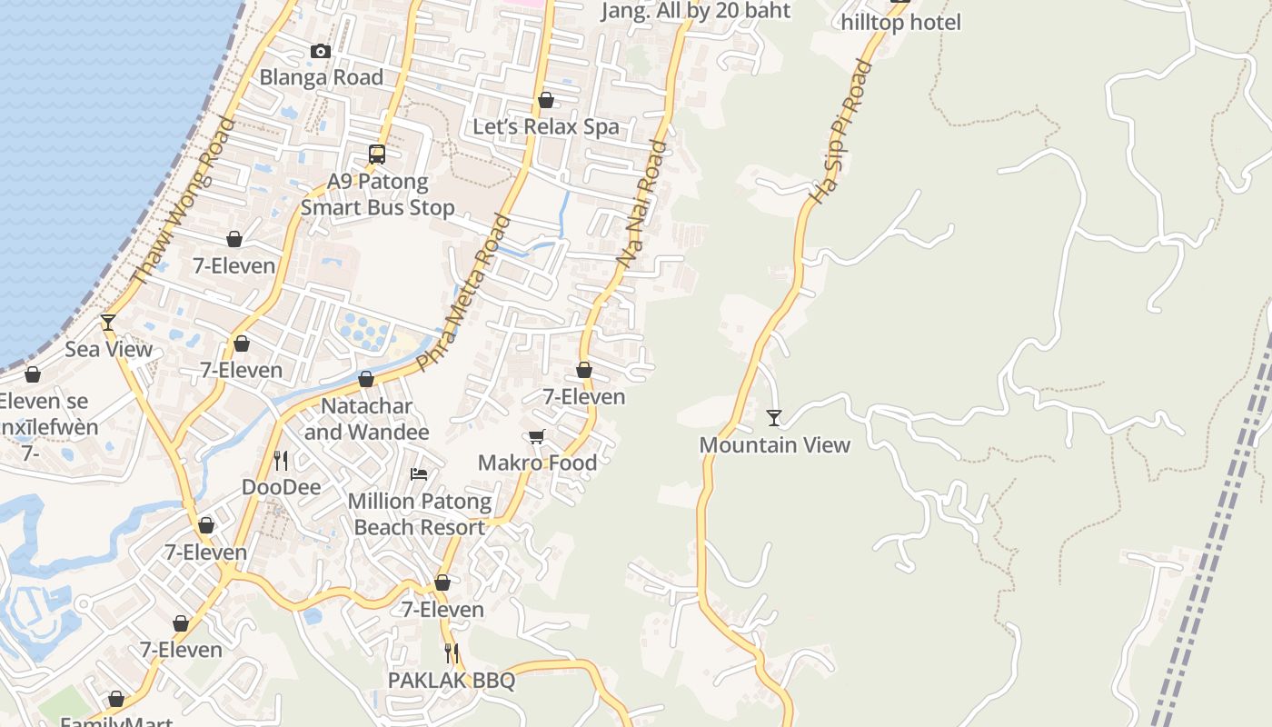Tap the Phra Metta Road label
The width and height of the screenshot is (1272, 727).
point(463,292)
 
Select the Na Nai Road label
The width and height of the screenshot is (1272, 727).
point(641,204)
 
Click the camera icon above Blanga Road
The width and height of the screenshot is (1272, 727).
point(320,52)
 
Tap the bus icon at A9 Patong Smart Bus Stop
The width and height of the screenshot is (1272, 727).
point(377,154)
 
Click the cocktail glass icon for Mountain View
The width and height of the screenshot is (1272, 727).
point(774,418)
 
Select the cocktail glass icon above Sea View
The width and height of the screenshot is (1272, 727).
point(108,323)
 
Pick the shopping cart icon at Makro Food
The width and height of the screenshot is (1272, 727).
point(537,437)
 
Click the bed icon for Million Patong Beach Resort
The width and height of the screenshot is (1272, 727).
point(419,474)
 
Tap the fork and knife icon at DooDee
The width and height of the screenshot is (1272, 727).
point(281,461)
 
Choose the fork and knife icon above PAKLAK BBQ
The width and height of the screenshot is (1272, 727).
point(451,653)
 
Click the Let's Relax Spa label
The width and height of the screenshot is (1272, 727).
point(546,127)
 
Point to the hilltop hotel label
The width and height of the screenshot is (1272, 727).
point(900,23)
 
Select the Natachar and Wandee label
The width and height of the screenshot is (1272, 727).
point(366,419)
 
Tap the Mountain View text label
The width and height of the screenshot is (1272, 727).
point(774,445)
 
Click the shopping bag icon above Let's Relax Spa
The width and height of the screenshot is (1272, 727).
point(546,100)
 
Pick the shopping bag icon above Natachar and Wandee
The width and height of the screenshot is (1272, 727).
point(366,379)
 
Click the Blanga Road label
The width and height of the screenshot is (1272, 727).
point(322,78)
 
